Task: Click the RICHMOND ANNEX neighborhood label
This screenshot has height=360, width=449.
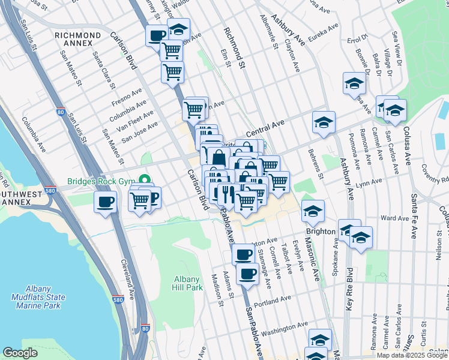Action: [x=77, y=40]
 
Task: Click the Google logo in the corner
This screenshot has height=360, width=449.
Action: [x=20, y=353]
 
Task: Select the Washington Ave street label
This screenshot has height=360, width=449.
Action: [x=285, y=328]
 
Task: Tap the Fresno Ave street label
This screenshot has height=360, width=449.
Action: [x=125, y=98]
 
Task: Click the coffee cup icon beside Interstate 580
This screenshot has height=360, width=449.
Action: [x=106, y=202]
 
